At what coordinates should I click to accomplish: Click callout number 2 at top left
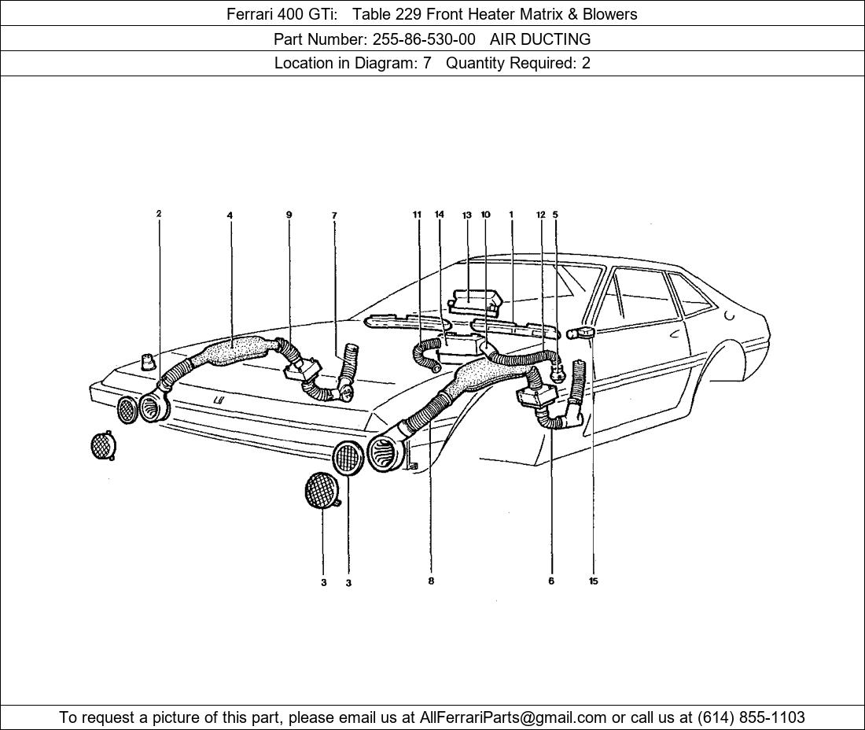159,214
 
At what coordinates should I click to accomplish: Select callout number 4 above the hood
230,216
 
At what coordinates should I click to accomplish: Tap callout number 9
289,215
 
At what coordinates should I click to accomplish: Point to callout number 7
334,216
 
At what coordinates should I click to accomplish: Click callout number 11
418,215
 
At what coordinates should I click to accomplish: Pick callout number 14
440,215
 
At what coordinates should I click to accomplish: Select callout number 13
466,216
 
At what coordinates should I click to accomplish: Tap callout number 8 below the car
431,581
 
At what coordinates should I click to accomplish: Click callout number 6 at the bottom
551,581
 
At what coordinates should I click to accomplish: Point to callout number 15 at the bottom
593,581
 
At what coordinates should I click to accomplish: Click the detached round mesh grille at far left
103,446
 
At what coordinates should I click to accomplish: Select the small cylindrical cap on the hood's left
146,361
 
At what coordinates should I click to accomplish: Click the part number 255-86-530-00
424,39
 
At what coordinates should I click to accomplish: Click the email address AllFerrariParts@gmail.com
513,717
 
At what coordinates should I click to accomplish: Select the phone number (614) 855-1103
751,717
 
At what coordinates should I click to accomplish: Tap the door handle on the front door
674,334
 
